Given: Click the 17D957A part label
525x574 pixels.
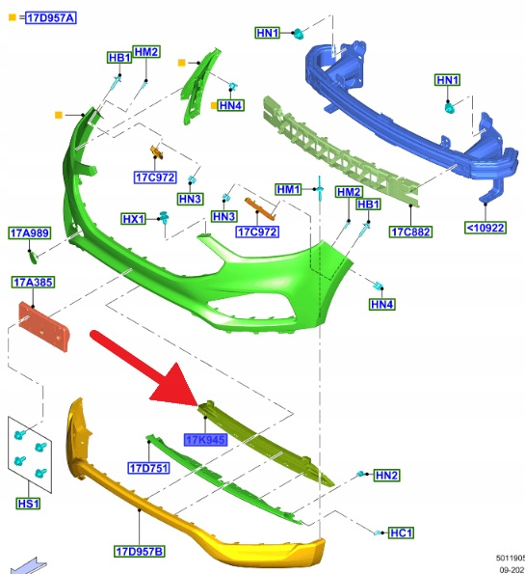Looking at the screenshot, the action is pyautogui.click(x=51, y=18).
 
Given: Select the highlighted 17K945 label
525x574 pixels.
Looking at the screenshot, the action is pyautogui.click(x=205, y=439).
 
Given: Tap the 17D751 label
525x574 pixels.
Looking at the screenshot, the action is pyautogui.click(x=148, y=468).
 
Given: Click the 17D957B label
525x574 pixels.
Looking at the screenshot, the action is pyautogui.click(x=140, y=551).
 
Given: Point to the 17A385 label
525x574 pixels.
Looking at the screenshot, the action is pyautogui.click(x=33, y=283).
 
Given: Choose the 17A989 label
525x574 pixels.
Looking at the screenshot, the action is pyautogui.click(x=30, y=232).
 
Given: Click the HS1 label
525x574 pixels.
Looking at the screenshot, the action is pyautogui.click(x=29, y=504).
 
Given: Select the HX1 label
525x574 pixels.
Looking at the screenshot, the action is pyautogui.click(x=134, y=219).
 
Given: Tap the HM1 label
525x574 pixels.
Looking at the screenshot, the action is pyautogui.click(x=288, y=189).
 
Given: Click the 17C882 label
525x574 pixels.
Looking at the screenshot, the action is pyautogui.click(x=410, y=232).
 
